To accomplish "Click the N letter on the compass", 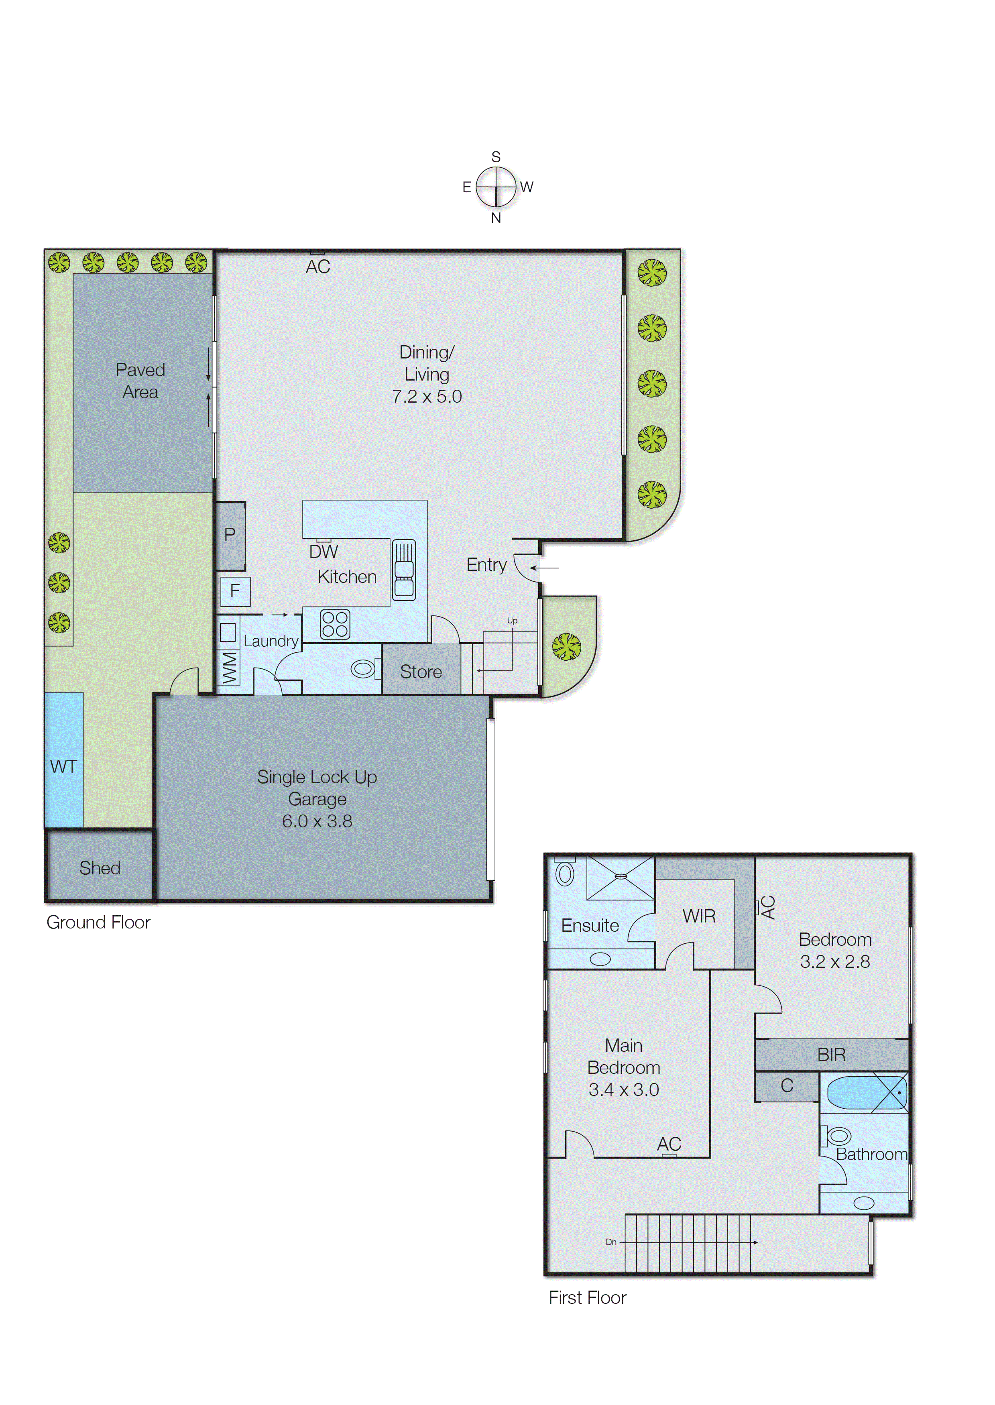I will click(496, 218).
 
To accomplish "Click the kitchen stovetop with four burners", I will click(335, 624).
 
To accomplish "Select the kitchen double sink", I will click(404, 570).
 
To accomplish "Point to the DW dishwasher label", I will click(324, 552).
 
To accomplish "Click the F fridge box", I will click(235, 591).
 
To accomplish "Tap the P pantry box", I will click(230, 535).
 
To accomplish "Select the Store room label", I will click(421, 672).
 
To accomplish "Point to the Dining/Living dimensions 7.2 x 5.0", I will click(427, 397).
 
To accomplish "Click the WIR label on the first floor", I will click(699, 916).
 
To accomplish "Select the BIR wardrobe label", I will click(831, 1055).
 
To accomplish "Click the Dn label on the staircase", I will click(611, 1242).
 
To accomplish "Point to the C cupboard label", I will click(787, 1086).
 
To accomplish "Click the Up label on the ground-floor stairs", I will click(512, 621).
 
